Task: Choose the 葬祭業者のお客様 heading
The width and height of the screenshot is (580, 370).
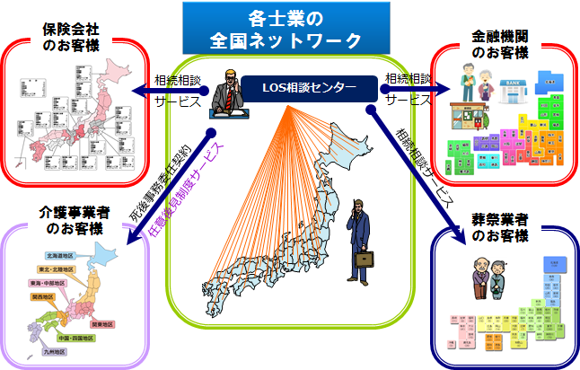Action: (x=499, y=228)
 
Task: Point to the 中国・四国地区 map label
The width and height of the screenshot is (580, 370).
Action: (x=75, y=338)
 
